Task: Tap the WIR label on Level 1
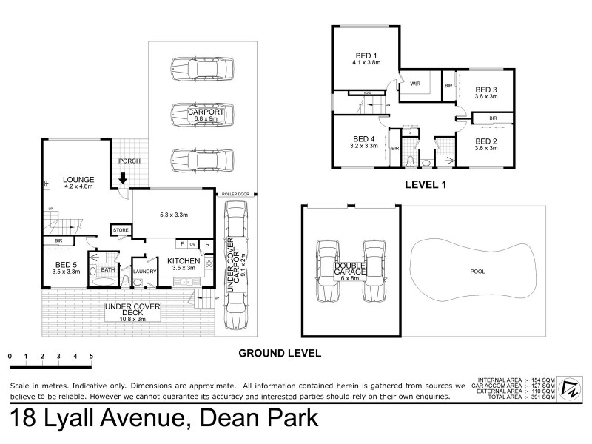tap(416, 85)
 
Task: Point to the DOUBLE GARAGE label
tap(351, 269)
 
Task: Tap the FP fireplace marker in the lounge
tap(45, 182)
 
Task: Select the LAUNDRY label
tap(144, 271)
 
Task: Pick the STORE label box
tap(121, 230)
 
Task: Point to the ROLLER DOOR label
tap(236, 194)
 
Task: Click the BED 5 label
tap(66, 264)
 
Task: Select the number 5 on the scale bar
tap(91, 356)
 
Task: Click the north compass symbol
tap(571, 387)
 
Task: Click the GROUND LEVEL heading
tap(279, 354)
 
